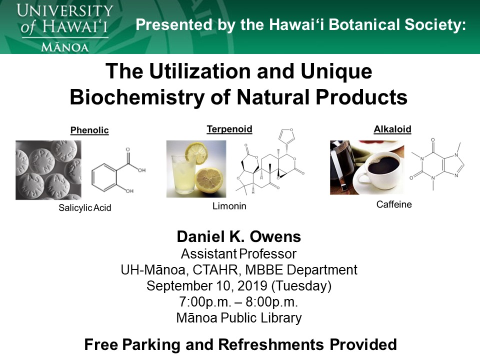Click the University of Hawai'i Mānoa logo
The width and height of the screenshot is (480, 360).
[x=64, y=27]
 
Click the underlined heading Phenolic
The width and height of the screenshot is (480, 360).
[x=89, y=130]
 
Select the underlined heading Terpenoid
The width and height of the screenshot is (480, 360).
[x=229, y=129]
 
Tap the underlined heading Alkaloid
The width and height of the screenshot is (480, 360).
[x=392, y=129]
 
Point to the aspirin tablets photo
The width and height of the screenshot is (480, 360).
[x=48, y=170]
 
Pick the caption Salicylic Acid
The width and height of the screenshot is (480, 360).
[x=85, y=208]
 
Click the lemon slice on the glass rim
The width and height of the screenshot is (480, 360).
[x=197, y=153]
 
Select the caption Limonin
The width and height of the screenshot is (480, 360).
[x=229, y=206]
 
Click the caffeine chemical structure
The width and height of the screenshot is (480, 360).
[x=437, y=164]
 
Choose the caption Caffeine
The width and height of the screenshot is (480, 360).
[x=394, y=204]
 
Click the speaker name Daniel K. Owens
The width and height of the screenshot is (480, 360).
[x=239, y=236]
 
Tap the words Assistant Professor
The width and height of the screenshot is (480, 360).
[x=239, y=254]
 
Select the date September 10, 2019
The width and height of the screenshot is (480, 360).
[x=207, y=286]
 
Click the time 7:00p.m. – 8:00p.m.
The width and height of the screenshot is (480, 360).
[x=239, y=302]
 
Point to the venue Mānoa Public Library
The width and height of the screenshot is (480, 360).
[x=239, y=318]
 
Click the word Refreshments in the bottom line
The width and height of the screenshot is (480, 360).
[x=271, y=344]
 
